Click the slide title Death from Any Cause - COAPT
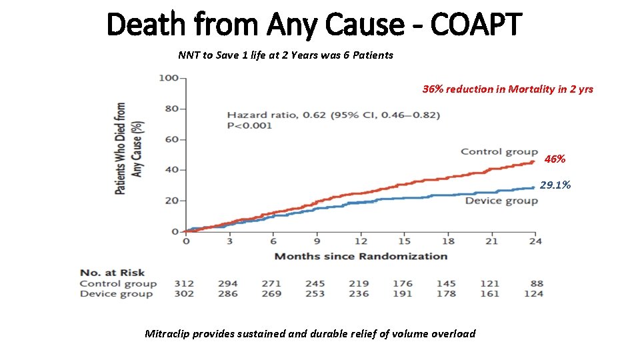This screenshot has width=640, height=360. click(x=314, y=25)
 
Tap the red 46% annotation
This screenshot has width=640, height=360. click(x=555, y=159)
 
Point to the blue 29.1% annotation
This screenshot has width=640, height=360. click(x=555, y=185)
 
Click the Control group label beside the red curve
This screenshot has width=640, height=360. click(x=499, y=152)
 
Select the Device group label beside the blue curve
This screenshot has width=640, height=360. click(x=501, y=201)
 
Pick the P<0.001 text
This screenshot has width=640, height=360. click(x=249, y=125)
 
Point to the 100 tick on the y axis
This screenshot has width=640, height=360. click(x=169, y=78)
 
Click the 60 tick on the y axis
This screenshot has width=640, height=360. click(x=171, y=139)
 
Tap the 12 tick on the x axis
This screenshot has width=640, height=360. click(x=361, y=241)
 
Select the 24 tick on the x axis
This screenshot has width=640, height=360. click(x=535, y=241)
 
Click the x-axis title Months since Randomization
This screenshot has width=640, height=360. click(x=361, y=256)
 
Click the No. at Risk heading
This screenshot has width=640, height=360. click(x=112, y=273)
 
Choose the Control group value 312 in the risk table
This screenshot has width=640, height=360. click(x=184, y=283)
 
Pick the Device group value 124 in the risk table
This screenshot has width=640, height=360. click(x=533, y=294)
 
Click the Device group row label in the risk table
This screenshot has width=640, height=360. click(x=117, y=294)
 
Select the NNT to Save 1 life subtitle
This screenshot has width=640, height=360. click(x=285, y=55)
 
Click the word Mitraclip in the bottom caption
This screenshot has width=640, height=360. click(x=167, y=333)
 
